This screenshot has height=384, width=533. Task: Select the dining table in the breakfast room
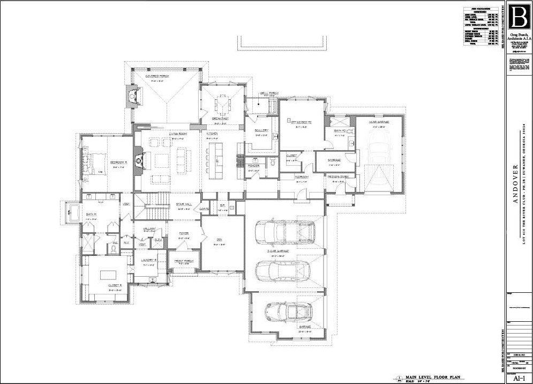click(x=221, y=102)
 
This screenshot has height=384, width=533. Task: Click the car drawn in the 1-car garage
click(x=378, y=147)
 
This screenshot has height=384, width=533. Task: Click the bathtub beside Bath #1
click(x=72, y=211)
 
